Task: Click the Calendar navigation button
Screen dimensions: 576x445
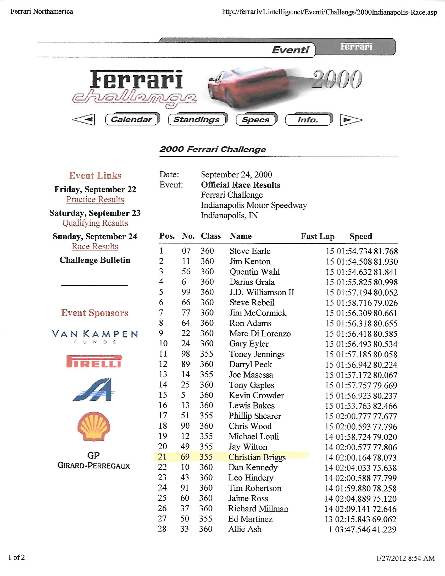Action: click(132, 119)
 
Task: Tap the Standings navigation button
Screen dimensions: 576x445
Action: click(197, 120)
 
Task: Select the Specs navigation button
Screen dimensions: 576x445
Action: click(256, 120)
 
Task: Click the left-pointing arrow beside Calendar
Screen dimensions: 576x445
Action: click(84, 120)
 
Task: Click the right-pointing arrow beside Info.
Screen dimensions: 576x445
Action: click(350, 120)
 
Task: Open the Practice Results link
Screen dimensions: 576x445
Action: click(95, 200)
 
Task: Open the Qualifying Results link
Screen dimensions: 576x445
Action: click(95, 223)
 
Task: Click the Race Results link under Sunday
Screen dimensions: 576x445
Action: click(95, 246)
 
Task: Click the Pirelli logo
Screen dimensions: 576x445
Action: click(94, 362)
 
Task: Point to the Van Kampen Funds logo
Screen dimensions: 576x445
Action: click(95, 336)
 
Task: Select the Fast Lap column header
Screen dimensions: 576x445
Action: click(318, 236)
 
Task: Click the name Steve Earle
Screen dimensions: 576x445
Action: click(250, 251)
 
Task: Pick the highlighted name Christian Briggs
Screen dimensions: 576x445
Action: click(257, 457)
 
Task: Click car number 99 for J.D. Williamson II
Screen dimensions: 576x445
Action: click(186, 292)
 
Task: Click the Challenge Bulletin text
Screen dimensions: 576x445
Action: click(95, 260)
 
